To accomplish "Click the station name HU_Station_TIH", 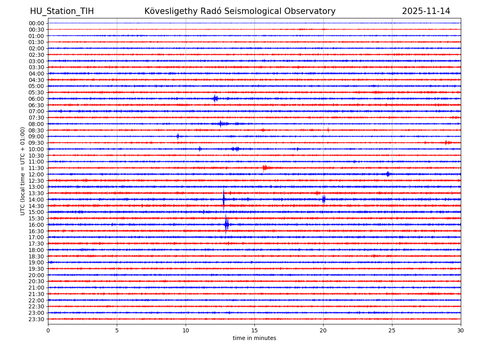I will (62, 11).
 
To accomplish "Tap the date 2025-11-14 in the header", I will (426, 11).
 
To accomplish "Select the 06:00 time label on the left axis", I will (36, 99).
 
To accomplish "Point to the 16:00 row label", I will (36, 225).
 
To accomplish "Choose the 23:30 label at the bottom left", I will (36, 319).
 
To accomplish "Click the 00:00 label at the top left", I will (36, 23).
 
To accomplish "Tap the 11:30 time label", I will (36, 168).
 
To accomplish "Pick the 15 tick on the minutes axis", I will (254, 331).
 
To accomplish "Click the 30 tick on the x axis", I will (461, 331).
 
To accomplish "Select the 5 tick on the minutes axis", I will (117, 331).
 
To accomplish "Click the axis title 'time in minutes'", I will (254, 338).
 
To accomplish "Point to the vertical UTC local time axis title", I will (23, 171).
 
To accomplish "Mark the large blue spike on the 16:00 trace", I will (226, 224).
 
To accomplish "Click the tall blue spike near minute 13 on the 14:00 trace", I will (224, 199).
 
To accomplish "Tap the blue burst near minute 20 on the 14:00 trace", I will (324, 199).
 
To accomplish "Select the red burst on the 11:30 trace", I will (265, 168).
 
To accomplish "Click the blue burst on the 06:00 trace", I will (216, 98).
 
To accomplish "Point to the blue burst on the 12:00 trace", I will (388, 174).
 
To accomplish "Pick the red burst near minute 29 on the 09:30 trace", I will (447, 142).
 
